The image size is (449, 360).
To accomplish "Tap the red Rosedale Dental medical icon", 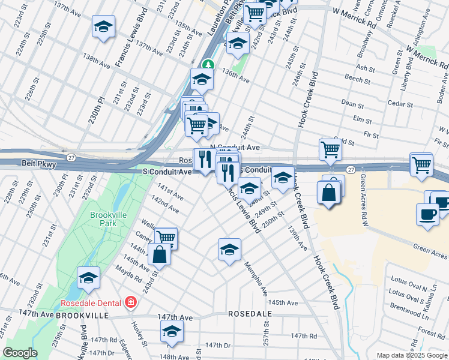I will point(130,302).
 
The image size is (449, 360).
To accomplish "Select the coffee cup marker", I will point(427,215).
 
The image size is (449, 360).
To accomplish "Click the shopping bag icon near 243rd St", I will point(159,254).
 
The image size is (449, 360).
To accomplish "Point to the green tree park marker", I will point(208,64).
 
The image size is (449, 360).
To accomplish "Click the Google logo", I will point(20,353).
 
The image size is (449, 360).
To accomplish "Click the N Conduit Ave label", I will point(235,147).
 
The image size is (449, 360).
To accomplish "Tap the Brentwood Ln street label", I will point(406,313).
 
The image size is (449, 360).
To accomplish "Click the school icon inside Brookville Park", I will point(88,278).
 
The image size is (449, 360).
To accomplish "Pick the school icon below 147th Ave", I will point(172,331).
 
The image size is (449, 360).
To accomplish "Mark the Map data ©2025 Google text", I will point(412,355).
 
